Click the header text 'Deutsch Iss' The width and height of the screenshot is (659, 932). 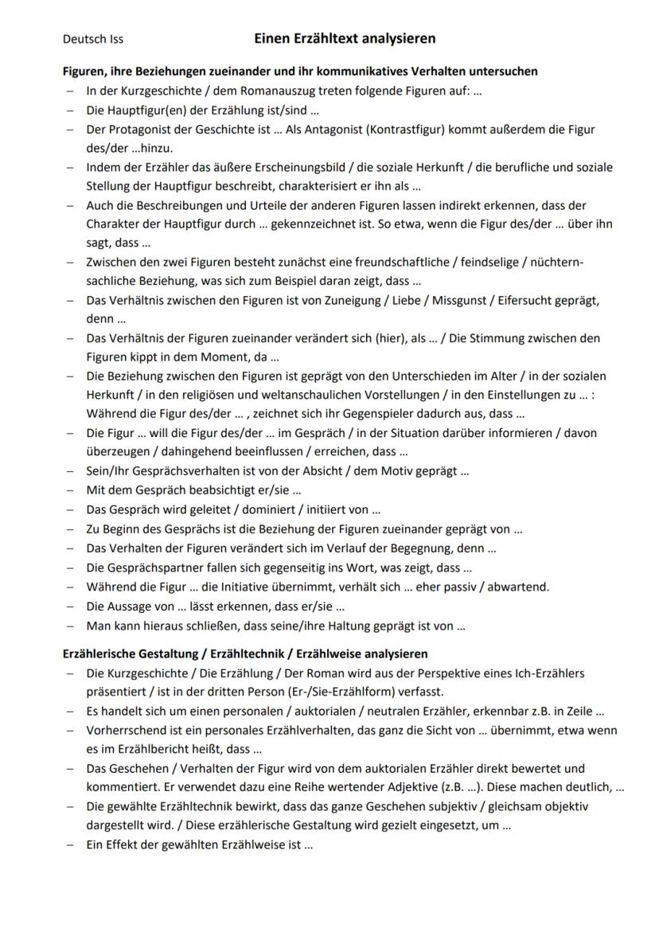pos(93,38)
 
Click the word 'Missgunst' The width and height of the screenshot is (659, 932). pos(453,300)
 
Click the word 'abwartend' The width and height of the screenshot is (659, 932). pos(519,587)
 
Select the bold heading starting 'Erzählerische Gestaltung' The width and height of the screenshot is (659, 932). pos(245,653)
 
